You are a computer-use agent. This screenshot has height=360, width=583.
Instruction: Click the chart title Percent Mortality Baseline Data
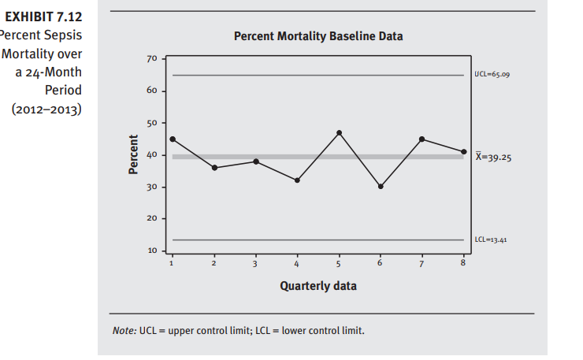click(x=318, y=37)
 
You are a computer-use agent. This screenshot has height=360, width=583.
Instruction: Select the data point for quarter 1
click(x=173, y=139)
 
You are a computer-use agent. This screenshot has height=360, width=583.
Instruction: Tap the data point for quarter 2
click(x=214, y=168)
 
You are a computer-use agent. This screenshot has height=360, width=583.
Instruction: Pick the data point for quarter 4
click(x=297, y=180)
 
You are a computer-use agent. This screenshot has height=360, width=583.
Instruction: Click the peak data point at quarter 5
click(x=339, y=132)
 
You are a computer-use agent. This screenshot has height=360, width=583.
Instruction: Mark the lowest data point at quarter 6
click(x=381, y=187)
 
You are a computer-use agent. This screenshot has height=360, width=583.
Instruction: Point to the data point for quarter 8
click(x=464, y=151)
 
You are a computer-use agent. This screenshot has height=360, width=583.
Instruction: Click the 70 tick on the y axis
click(x=152, y=59)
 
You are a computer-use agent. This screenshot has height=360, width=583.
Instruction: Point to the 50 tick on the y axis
click(x=152, y=123)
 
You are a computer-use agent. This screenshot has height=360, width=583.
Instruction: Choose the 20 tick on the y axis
click(x=152, y=218)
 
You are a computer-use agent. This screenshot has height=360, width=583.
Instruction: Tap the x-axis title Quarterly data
click(x=318, y=285)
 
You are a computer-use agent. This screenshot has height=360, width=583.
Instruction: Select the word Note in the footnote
click(x=124, y=329)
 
